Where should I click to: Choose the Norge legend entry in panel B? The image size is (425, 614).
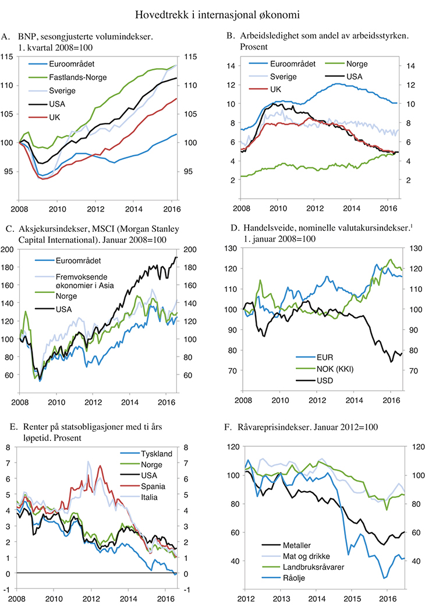356,64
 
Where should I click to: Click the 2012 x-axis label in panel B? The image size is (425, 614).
314,209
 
